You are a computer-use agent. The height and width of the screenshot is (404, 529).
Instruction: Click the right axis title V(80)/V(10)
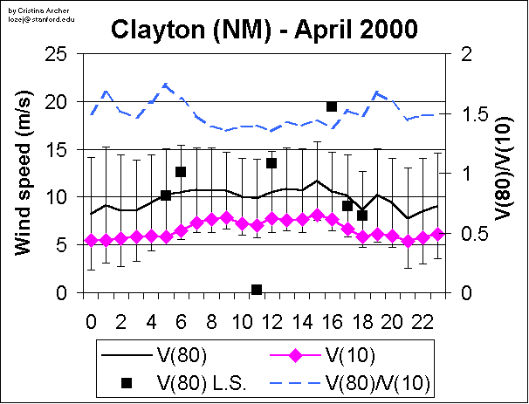pos(505,174)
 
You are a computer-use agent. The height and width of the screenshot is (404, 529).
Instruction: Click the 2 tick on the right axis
pos(464,54)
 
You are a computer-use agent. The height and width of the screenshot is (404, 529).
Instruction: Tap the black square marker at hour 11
pos(257,289)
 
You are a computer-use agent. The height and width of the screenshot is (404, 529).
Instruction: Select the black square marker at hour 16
pos(332,106)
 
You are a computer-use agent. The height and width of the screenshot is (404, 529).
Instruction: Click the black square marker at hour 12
pos(271,163)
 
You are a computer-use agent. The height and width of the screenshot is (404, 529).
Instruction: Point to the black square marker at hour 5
pos(166,195)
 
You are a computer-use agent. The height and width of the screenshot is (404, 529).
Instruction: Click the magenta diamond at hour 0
pos(91,240)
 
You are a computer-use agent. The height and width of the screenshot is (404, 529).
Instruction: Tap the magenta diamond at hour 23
pos(437,234)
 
